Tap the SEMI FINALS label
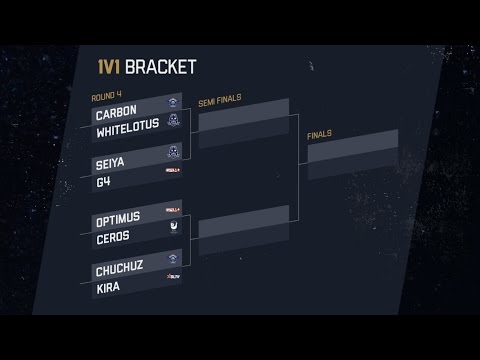pyautogui.click(x=221, y=98)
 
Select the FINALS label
pyautogui.click(x=321, y=133)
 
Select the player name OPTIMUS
pyautogui.click(x=118, y=217)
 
